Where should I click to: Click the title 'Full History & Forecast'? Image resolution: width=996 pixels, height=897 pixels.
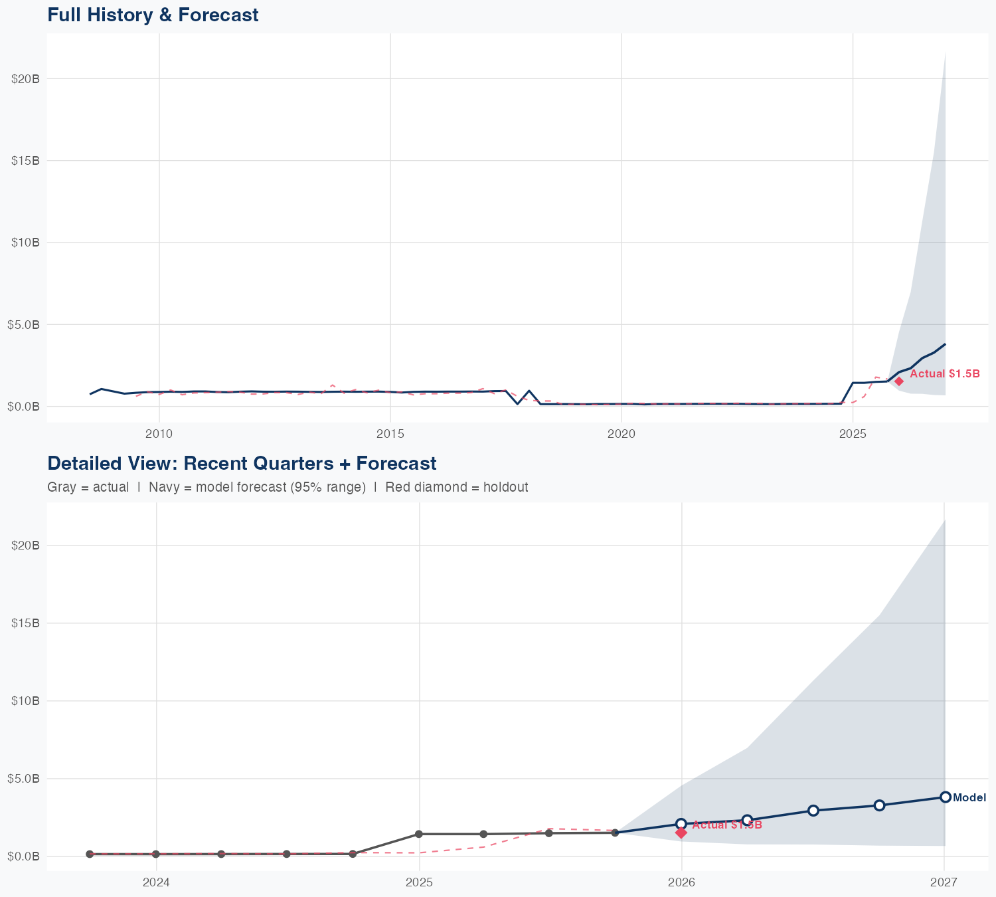(153, 15)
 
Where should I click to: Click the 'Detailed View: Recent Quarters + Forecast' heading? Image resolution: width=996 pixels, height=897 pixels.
(242, 463)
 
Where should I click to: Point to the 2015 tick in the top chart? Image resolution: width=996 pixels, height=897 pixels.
(390, 434)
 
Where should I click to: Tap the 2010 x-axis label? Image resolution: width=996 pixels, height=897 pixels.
(159, 434)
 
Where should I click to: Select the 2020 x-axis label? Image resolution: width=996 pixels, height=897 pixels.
(622, 434)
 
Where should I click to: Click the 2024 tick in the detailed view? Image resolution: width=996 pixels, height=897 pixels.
(156, 882)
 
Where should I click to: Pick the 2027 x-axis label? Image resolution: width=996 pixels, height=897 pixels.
(944, 882)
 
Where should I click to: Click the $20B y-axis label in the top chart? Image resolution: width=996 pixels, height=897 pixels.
(26, 78)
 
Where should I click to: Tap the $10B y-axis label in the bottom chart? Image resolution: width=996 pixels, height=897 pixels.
(26, 700)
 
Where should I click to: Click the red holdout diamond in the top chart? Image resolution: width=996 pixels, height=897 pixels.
(899, 381)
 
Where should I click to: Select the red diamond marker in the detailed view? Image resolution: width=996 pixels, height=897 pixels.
(681, 833)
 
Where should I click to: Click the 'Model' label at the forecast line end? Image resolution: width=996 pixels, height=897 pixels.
(969, 798)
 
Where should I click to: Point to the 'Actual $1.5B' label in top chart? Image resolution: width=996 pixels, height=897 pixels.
(944, 374)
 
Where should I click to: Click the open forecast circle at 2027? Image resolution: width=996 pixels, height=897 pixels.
(945, 797)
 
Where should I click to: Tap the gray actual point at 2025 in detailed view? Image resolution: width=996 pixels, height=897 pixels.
(419, 834)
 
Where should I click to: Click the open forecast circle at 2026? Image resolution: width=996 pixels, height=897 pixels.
(681, 824)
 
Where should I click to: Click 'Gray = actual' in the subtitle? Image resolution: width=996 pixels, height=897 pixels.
(88, 487)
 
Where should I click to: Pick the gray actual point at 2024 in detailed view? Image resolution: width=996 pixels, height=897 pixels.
(155, 854)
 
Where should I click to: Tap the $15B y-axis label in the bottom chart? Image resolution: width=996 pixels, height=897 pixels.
(26, 623)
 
